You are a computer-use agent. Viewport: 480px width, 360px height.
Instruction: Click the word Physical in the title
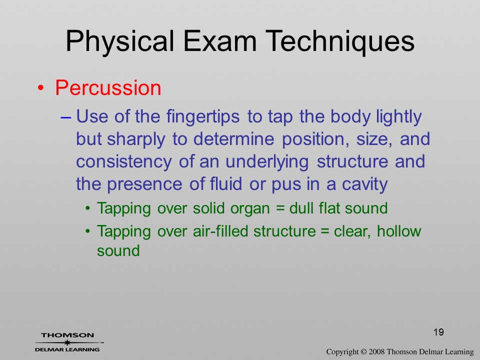point(119,42)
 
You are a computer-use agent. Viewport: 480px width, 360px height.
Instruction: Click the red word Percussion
point(108,88)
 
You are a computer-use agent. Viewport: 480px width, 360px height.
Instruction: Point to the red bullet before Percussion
point(40,88)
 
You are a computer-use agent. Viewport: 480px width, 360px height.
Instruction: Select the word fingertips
point(202,117)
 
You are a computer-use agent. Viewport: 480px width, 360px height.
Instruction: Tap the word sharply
point(136,139)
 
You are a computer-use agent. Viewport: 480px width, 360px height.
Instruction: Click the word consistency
point(123,162)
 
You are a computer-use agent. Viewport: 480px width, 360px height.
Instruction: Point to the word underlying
point(266,162)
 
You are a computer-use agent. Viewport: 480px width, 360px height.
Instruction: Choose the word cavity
point(364,184)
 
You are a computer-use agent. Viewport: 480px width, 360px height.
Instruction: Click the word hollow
point(399,230)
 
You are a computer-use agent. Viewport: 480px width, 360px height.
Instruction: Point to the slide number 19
point(438,332)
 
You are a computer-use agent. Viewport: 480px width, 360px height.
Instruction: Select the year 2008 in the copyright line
point(376,351)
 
